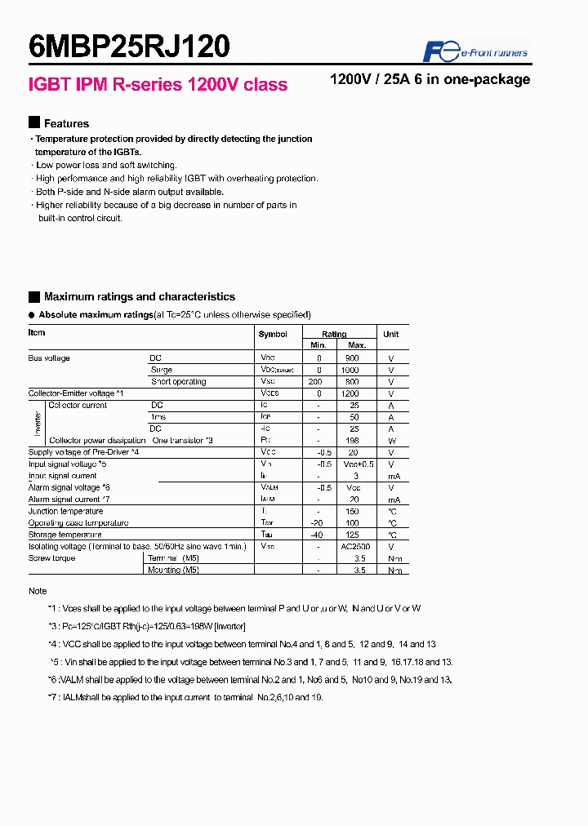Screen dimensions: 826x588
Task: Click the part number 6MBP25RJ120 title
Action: tap(129, 47)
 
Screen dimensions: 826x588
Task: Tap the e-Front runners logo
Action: tap(475, 51)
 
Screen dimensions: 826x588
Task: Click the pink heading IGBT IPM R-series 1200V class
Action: tap(158, 85)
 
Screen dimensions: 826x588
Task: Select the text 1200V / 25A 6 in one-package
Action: tap(430, 80)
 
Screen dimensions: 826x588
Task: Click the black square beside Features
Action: tap(34, 123)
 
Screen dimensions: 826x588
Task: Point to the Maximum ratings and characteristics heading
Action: tap(139, 297)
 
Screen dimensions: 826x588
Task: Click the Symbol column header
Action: tap(273, 335)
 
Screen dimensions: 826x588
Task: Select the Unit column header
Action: tap(391, 335)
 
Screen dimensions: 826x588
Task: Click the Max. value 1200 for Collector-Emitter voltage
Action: tap(350, 393)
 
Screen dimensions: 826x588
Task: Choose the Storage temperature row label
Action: tap(66, 535)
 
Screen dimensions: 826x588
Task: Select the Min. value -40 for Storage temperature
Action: tap(319, 535)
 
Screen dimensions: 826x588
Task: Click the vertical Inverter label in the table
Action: tap(38, 423)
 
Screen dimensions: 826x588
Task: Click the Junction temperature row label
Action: tap(66, 512)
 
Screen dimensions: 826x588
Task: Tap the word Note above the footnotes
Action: tap(38, 591)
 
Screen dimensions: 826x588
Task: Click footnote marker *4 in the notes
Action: tap(53, 644)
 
